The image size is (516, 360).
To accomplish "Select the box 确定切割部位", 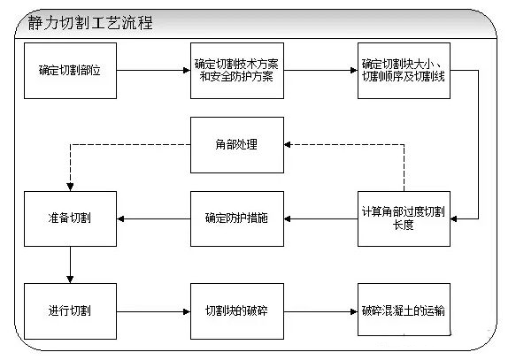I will pyautogui.click(x=69, y=68).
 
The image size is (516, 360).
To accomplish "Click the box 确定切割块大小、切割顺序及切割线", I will pyautogui.click(x=404, y=68).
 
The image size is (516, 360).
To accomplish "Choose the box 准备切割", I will pyautogui.click(x=69, y=218).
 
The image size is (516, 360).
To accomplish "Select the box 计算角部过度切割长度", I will pyautogui.click(x=404, y=218).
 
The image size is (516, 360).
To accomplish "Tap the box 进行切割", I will pyautogui.click(x=69, y=311).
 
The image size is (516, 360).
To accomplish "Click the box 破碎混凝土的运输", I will pyautogui.click(x=404, y=311).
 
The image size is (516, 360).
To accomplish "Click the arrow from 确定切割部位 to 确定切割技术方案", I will pyautogui.click(x=152, y=68).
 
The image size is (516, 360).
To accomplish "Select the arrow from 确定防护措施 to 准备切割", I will pyautogui.click(x=152, y=218).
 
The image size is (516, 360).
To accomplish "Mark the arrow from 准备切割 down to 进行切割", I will pyautogui.click(x=69, y=263).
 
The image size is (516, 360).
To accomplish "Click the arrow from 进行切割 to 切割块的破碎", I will pyautogui.click(x=152, y=311).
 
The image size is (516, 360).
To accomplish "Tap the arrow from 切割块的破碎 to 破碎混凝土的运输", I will pyautogui.click(x=320, y=311).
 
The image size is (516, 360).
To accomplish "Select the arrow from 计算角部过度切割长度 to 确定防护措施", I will pyautogui.click(x=320, y=218).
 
